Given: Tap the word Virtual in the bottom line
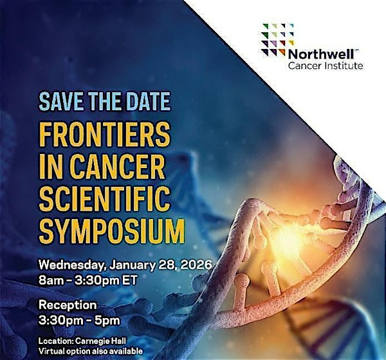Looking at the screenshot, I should point(53,352).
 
